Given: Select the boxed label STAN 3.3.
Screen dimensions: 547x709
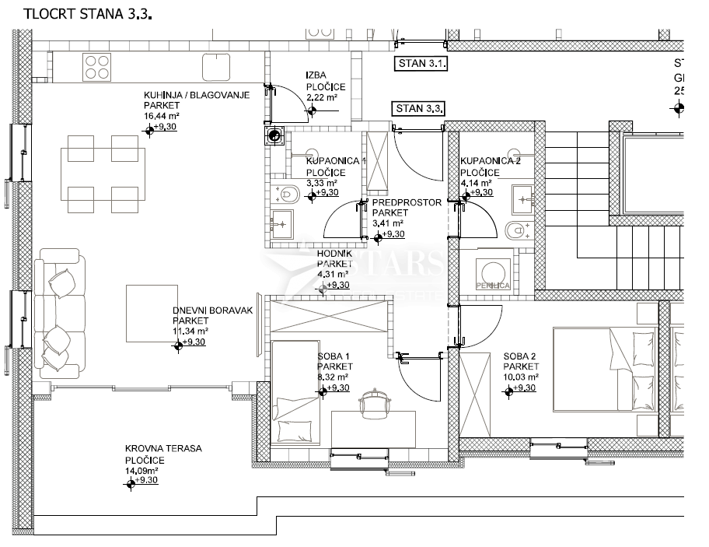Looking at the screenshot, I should pos(418,108).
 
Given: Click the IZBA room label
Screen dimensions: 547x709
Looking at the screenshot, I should pos(315,75).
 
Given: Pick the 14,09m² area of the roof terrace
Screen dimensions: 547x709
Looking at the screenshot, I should pos(142,470).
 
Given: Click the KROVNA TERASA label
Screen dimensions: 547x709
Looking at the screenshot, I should pos(163,449).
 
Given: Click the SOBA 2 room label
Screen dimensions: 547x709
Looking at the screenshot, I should pos(520,356).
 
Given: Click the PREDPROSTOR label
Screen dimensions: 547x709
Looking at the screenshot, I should pos(407,202).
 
